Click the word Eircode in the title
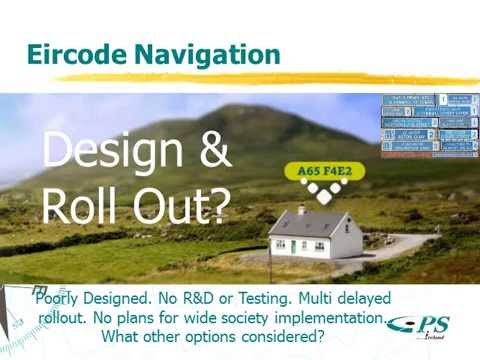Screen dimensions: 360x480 75,54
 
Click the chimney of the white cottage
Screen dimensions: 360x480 301,209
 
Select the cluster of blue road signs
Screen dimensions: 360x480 429,123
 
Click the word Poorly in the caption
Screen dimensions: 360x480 63,299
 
